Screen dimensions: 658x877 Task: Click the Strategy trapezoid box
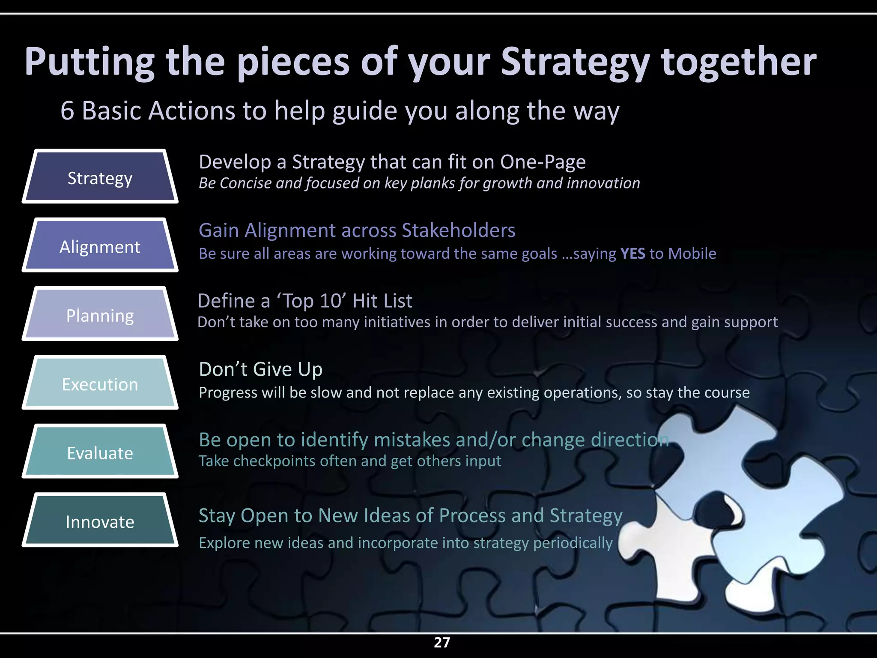100,176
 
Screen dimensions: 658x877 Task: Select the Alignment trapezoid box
100,245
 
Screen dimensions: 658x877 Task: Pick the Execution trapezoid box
100,383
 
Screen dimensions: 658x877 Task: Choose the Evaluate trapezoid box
100,452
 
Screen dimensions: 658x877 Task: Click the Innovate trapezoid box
100,520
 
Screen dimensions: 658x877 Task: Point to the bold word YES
632,254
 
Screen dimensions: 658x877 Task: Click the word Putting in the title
89,63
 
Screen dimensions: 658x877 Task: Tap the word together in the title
739,63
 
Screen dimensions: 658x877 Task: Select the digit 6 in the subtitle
67,111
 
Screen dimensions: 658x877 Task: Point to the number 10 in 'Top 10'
330,301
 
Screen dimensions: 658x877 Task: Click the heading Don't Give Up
260,369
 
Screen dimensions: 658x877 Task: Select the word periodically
573,543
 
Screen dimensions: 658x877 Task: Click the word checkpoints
274,461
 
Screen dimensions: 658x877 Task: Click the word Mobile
692,254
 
